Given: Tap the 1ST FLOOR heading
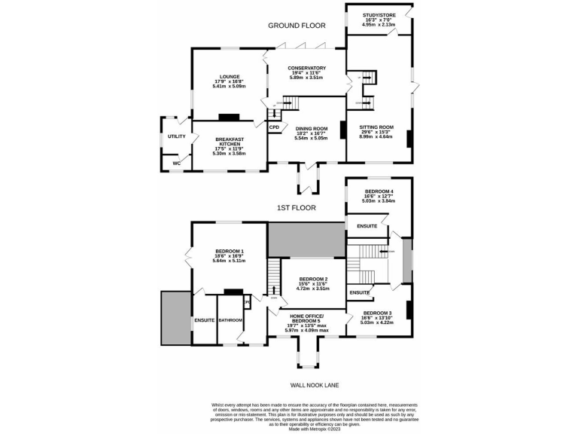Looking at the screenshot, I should coord(297,207).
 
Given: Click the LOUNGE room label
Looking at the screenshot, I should coord(230,76).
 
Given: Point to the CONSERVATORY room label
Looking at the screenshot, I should coord(306,69).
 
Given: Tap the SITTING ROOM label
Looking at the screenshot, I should coord(376,127).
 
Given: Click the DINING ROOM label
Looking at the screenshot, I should coord(311,129).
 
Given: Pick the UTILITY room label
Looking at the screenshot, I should coord(176,136).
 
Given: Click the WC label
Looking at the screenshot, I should coord(177,163).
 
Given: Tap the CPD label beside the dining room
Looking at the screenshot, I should coord(274,127).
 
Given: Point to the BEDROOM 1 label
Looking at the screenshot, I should coord(230,251).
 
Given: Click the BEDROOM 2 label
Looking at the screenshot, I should coord(311,279).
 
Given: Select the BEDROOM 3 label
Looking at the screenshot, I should coord(377,313).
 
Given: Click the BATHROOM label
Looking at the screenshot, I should coord(230,321).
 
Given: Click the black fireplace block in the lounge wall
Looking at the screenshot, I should coord(229,117).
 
